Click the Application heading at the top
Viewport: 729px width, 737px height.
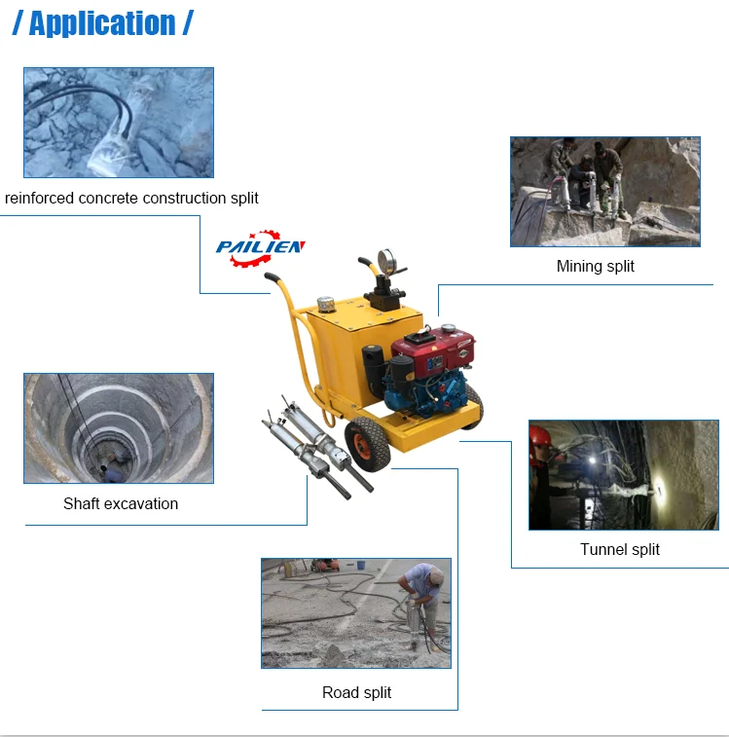102,22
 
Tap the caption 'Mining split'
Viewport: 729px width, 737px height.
595,266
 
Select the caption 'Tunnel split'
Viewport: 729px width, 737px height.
619,549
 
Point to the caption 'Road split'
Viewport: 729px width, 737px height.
356,692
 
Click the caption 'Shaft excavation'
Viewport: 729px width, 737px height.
121,503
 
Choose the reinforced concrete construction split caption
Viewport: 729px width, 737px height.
131,199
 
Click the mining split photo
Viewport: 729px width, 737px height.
604,191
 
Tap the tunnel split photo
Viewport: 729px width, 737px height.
623,474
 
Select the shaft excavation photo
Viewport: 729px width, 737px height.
118,427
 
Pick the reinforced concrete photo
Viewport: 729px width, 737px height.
118,122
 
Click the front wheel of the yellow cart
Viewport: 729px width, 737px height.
367,446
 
